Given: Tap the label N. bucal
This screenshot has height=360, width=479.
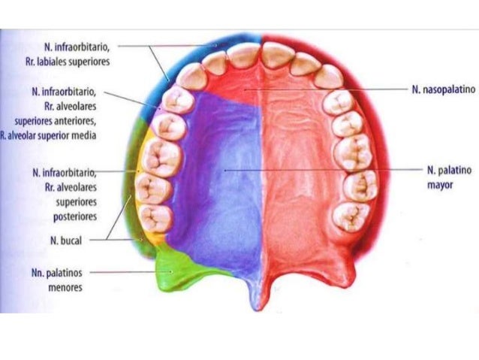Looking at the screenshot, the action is coord(65,241).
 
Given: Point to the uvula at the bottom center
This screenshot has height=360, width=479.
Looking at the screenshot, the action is coord(261,301).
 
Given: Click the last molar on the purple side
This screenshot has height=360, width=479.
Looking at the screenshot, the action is coord(153,218).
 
